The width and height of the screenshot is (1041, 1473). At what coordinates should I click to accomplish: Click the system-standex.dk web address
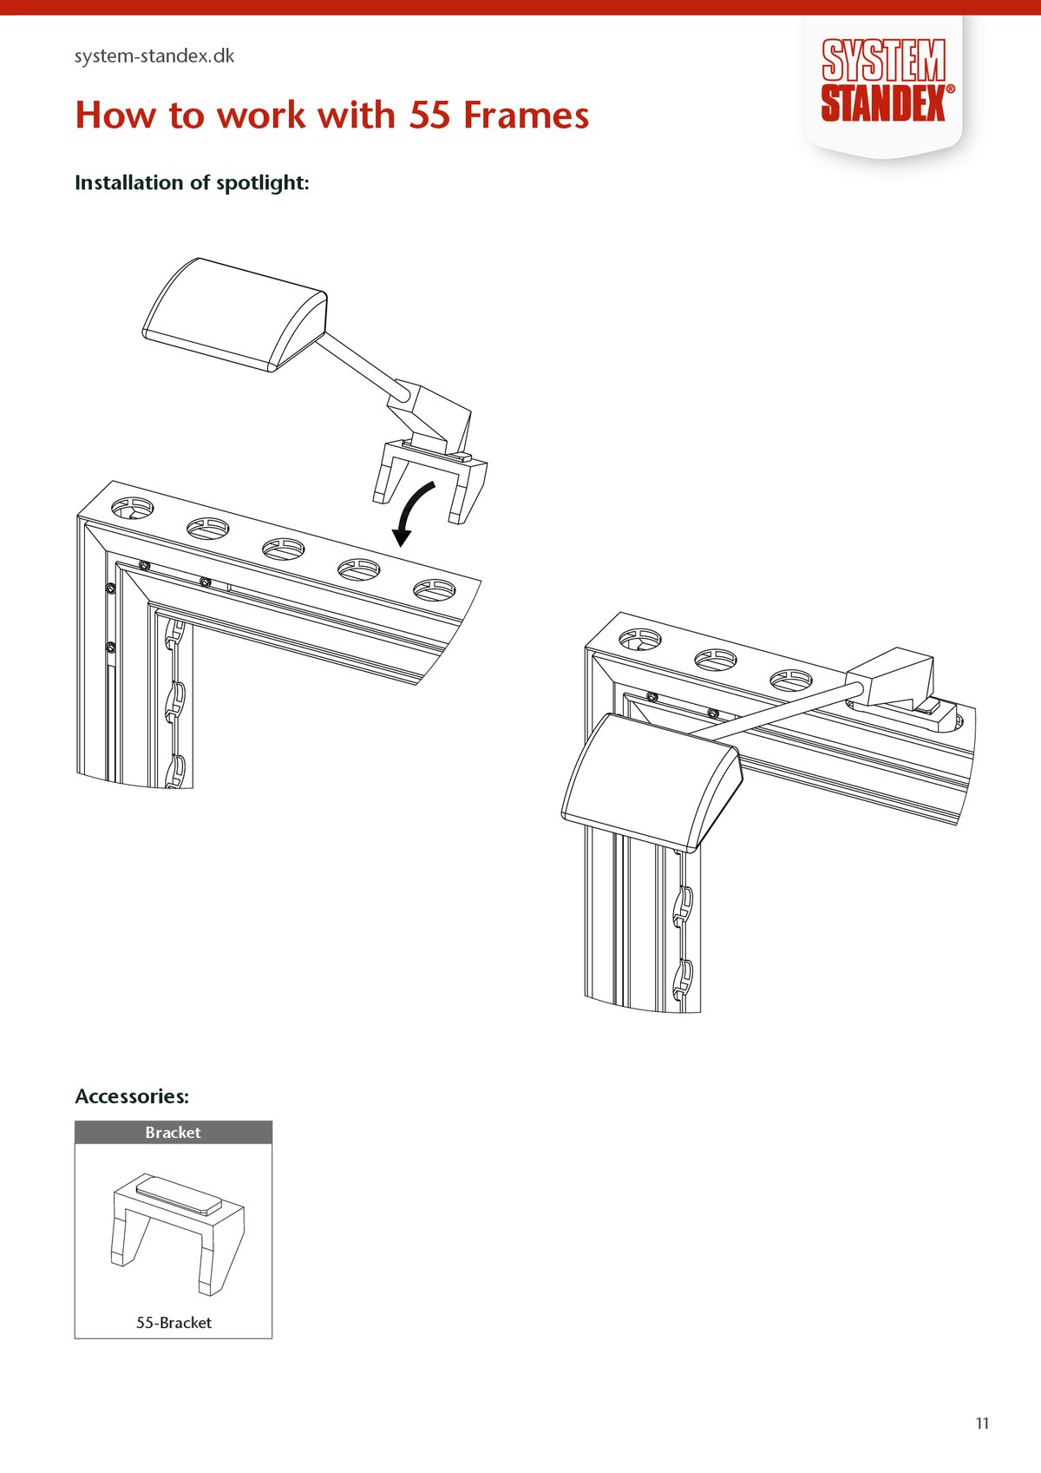(154, 56)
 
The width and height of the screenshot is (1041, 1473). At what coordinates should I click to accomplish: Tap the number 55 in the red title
(429, 115)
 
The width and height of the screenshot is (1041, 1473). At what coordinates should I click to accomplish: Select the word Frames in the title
(527, 115)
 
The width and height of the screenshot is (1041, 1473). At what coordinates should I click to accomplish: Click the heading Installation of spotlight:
(192, 182)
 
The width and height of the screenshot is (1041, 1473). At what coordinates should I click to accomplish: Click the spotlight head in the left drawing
(235, 314)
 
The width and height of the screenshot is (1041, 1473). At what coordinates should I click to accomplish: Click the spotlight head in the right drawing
(652, 783)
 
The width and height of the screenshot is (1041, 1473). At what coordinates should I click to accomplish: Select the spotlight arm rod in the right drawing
(776, 709)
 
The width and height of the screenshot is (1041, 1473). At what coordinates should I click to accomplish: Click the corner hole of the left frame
(132, 508)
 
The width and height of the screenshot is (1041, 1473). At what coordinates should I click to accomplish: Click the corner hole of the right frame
(640, 639)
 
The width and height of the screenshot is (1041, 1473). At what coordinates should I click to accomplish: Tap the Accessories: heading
(132, 1096)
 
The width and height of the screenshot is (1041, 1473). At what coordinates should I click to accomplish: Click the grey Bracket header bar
(173, 1133)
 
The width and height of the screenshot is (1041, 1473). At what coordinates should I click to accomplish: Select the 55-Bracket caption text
(173, 1323)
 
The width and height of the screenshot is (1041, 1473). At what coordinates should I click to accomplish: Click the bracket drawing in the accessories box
(178, 1234)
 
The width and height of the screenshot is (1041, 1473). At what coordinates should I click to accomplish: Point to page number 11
(982, 1424)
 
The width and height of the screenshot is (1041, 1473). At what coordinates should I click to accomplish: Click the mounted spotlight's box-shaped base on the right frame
(891, 677)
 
